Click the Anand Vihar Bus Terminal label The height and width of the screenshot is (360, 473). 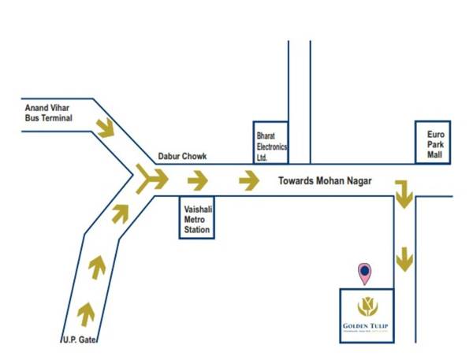pos(49,113)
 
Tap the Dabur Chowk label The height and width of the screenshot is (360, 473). pos(182,157)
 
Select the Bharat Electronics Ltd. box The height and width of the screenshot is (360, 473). pos(270,143)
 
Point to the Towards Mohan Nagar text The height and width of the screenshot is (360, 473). pos(325,180)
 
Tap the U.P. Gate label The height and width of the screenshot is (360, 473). pos(79,340)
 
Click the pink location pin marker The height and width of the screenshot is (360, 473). pos(365,273)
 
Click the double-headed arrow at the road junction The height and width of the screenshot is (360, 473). pos(151,180)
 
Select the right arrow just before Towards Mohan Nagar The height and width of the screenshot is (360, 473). pos(249,181)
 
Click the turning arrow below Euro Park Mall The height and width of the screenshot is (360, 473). pos(404,194)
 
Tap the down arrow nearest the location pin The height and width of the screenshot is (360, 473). pos(404,258)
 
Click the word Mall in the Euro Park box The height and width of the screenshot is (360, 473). pos(436,155)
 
